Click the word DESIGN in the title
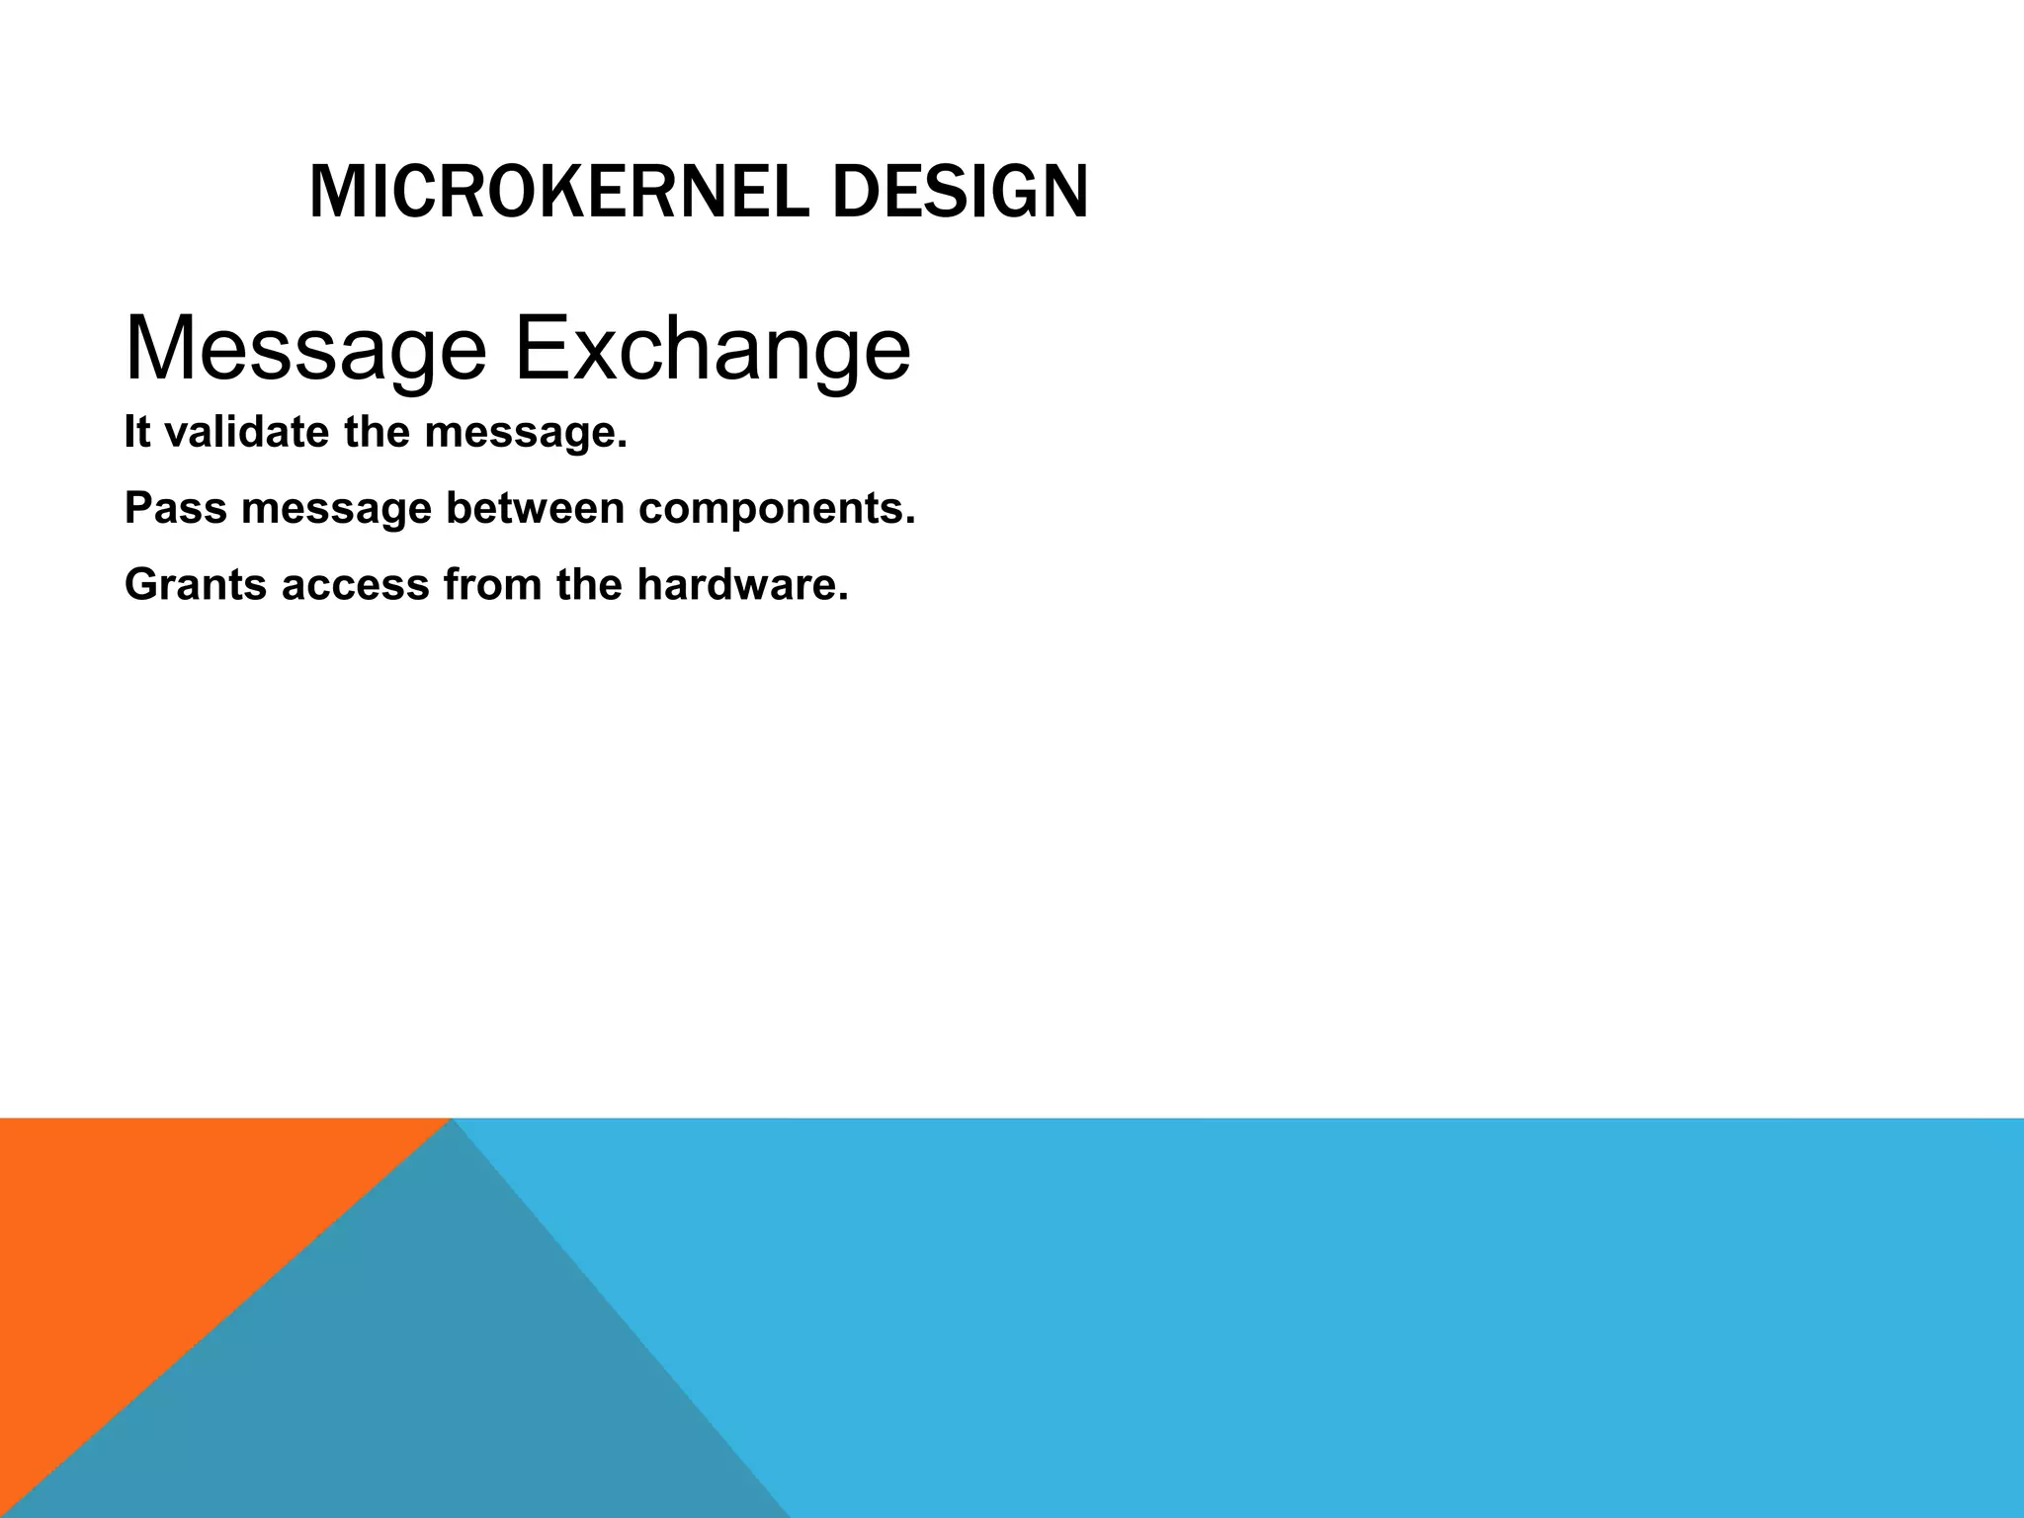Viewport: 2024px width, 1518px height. point(960,192)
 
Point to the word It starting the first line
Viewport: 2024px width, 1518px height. point(137,433)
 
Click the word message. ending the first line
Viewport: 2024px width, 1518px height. point(526,433)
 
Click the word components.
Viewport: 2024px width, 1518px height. point(777,509)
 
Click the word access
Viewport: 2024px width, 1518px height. point(355,585)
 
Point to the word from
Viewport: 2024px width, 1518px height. point(492,585)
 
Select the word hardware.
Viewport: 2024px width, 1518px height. point(742,585)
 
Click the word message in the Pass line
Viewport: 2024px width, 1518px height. point(337,509)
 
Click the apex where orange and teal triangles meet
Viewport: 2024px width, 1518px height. point(451,1120)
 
